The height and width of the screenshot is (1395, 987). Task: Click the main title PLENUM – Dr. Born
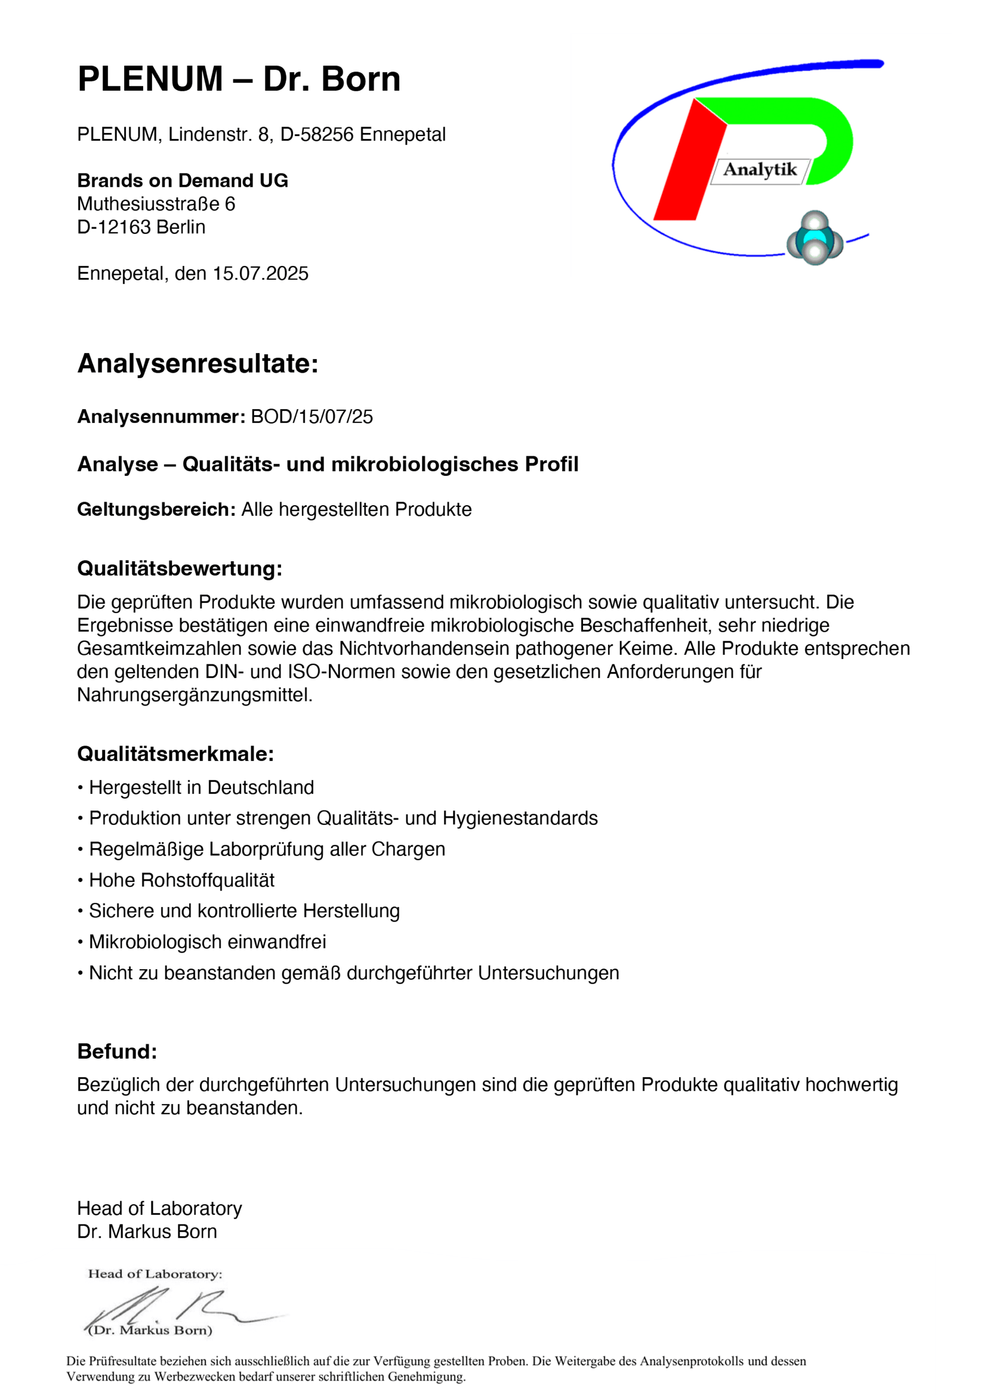click(x=239, y=79)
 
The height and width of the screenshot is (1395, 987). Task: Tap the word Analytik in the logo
click(x=760, y=169)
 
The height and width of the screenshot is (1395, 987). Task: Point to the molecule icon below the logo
click(x=815, y=237)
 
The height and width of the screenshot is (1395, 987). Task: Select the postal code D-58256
click(x=317, y=134)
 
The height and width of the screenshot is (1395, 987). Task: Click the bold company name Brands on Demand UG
click(x=183, y=181)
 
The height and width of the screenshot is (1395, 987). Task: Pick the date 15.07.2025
click(x=260, y=273)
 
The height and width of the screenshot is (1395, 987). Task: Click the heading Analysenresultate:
click(x=198, y=363)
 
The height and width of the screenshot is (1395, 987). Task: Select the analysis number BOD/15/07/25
click(x=311, y=417)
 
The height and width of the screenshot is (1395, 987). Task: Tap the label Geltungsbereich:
click(x=156, y=509)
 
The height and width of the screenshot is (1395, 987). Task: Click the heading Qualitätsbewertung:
click(x=179, y=568)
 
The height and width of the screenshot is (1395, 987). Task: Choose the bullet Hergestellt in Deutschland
click(x=201, y=787)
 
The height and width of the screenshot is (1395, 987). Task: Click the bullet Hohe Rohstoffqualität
click(x=182, y=880)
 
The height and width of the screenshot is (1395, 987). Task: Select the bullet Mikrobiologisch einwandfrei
click(x=207, y=942)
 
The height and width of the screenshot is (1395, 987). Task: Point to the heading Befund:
click(x=117, y=1051)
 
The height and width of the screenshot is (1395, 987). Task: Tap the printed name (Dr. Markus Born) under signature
click(x=150, y=1330)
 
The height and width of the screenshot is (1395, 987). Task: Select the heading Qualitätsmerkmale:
click(x=175, y=753)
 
